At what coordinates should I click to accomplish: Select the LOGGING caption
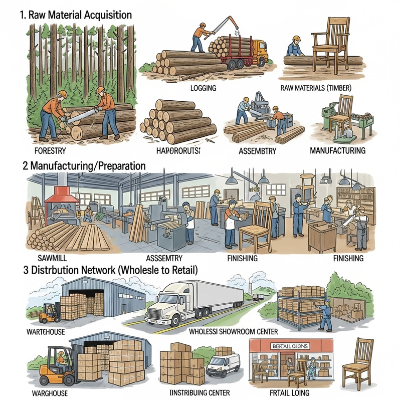(204, 88)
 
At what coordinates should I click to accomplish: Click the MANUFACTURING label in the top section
(337, 150)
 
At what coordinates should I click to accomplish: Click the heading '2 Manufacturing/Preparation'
(84, 165)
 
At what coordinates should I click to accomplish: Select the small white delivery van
(223, 364)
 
